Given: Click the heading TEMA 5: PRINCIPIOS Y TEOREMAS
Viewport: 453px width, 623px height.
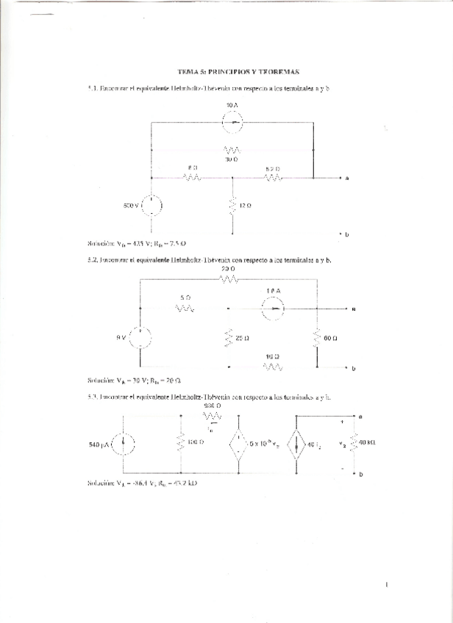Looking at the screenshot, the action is pyautogui.click(x=238, y=72).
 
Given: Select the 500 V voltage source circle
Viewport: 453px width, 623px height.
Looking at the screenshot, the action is pyautogui.click(x=151, y=205).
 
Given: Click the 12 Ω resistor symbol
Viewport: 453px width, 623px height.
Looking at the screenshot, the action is pyautogui.click(x=232, y=204).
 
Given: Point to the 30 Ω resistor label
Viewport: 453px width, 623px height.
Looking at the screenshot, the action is pyautogui.click(x=232, y=159).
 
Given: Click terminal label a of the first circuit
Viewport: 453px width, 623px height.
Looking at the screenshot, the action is pyautogui.click(x=346, y=179).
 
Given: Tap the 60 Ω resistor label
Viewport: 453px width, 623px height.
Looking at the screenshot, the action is pyautogui.click(x=330, y=339).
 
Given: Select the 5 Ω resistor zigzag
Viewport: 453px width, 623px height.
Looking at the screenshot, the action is pyautogui.click(x=185, y=309).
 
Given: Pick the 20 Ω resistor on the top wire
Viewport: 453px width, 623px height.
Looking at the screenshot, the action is pyautogui.click(x=229, y=280).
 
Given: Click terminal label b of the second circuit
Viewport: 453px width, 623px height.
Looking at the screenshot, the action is pyautogui.click(x=353, y=367).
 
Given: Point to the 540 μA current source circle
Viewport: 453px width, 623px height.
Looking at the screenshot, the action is pyautogui.click(x=123, y=444).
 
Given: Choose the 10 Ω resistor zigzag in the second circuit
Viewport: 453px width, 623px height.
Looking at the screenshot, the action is pyautogui.click(x=273, y=366).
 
